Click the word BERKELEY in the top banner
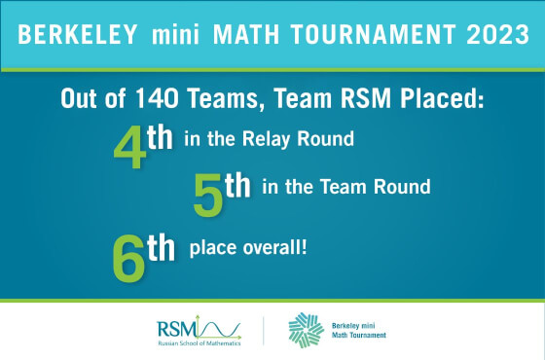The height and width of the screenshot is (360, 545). [69, 35]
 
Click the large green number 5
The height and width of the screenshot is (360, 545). [208, 198]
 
